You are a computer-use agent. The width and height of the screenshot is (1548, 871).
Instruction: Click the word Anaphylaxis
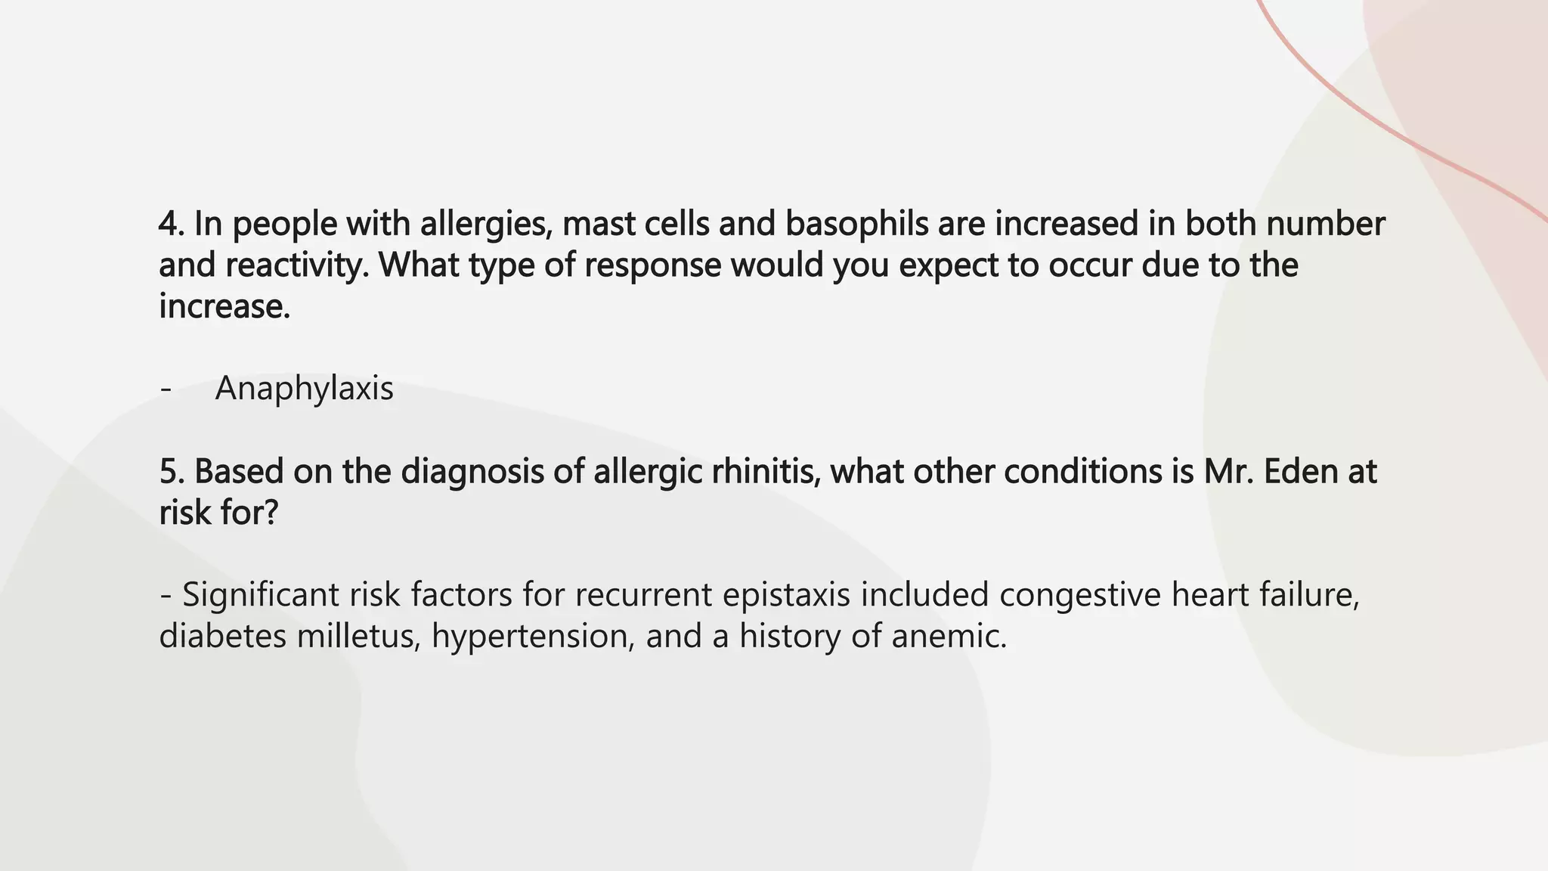coord(304,389)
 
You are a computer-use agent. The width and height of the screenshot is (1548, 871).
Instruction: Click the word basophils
coord(857,224)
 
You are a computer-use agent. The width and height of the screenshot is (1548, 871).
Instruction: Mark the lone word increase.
coord(224,307)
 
